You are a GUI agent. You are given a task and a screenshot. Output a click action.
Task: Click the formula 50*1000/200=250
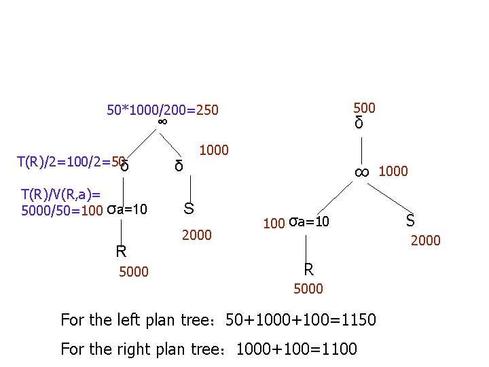[x=163, y=109]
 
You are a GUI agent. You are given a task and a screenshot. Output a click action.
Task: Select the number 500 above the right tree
[x=364, y=107]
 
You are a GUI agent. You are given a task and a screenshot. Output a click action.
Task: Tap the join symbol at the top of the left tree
[x=162, y=122]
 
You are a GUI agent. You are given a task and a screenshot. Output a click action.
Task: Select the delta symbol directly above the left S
[x=179, y=166]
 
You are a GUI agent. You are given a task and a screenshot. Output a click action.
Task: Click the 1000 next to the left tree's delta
[x=215, y=150]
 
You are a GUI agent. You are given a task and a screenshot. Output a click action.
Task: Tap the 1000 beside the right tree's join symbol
[x=393, y=171]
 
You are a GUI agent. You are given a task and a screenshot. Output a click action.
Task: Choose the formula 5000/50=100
[x=61, y=209]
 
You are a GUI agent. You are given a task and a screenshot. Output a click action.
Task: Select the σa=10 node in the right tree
[x=308, y=222]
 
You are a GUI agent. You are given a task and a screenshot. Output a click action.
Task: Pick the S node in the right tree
[x=410, y=220]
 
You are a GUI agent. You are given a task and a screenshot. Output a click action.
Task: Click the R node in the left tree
[x=121, y=251]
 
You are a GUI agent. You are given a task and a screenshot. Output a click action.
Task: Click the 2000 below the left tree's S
[x=197, y=235]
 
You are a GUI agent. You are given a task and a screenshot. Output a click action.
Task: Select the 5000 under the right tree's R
[x=308, y=289]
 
